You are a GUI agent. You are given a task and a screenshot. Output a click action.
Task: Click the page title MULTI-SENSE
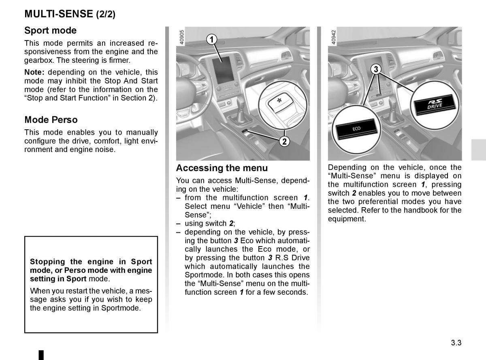tap(59, 14)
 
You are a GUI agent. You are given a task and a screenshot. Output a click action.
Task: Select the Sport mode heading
tap(50, 30)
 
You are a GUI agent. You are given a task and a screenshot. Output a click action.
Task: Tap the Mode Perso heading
tap(51, 120)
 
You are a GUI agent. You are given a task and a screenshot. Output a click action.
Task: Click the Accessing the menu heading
tap(222, 168)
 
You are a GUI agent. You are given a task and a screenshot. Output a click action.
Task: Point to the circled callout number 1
tap(211, 39)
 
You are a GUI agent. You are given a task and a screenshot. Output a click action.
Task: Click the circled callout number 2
tap(284, 141)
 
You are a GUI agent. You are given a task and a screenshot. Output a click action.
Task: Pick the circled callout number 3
tap(376, 69)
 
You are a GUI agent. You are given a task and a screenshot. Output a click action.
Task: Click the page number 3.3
tap(456, 343)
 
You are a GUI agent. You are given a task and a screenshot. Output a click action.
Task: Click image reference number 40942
tap(333, 38)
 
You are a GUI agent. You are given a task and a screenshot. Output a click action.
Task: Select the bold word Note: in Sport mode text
tap(35, 72)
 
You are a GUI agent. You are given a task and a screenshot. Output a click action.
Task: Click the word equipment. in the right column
tap(347, 219)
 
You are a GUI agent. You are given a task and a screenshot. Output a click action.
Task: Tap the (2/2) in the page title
tap(105, 15)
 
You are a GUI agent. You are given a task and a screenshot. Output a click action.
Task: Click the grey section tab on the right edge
tap(479, 150)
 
